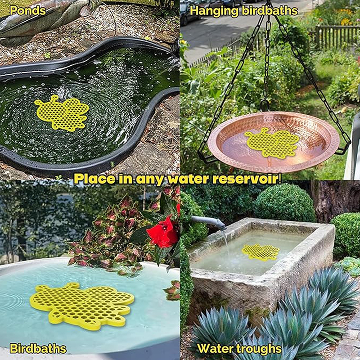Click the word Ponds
tap(28, 10)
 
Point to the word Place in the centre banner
tap(95, 179)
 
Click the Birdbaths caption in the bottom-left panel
tap(38, 348)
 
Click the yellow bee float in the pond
tap(62, 112)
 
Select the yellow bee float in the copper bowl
tap(272, 143)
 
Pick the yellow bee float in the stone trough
tap(261, 252)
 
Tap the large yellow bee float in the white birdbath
tap(81, 304)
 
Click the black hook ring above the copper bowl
tap(265, 105)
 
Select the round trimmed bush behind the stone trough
tap(285, 203)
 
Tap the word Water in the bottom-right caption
tap(216, 348)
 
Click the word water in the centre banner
tap(189, 179)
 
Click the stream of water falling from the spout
tap(226, 242)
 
